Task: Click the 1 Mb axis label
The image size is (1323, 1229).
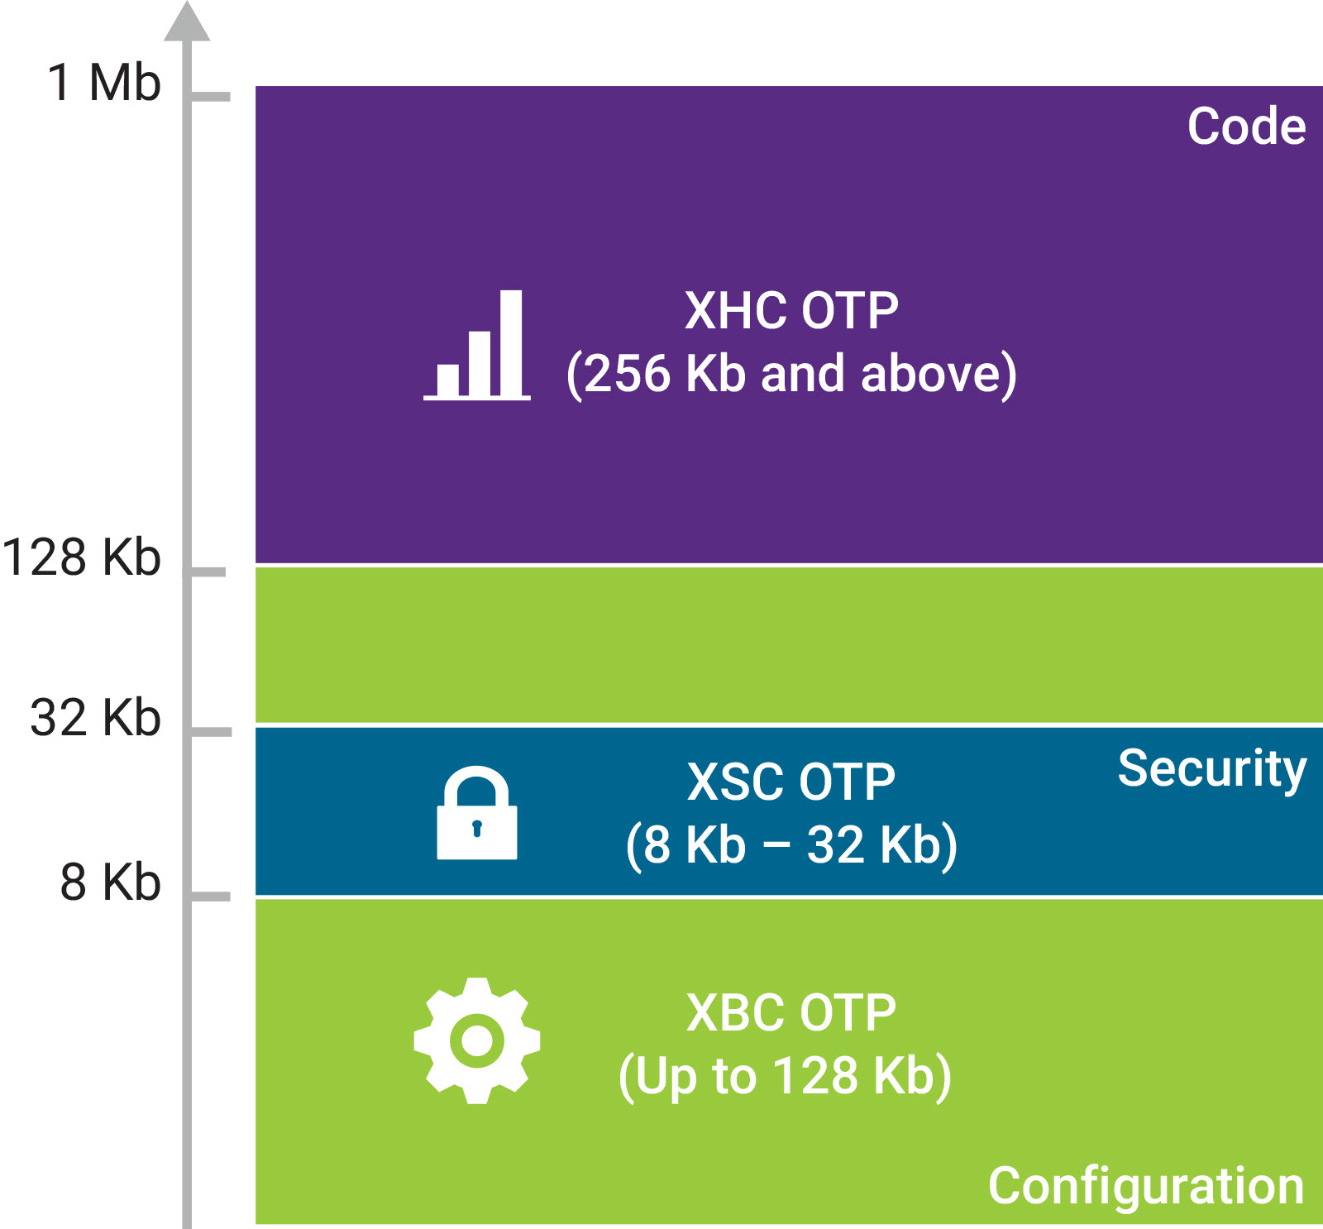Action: (104, 83)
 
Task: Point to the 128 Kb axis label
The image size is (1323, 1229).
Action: (81, 557)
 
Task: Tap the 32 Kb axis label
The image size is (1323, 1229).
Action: (95, 717)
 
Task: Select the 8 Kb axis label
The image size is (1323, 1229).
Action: (110, 882)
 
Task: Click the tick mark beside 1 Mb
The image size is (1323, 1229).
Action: (211, 97)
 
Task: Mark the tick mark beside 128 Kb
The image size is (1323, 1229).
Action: (208, 572)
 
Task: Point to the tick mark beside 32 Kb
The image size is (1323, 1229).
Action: (211, 732)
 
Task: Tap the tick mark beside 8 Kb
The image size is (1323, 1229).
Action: (211, 897)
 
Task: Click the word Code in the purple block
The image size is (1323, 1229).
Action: (1246, 127)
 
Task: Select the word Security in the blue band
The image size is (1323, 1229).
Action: (1212, 769)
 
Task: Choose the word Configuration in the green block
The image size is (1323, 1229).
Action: (1146, 1186)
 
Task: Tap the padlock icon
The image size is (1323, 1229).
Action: (477, 814)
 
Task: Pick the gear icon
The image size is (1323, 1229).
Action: (477, 1040)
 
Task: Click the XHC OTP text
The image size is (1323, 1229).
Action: (791, 311)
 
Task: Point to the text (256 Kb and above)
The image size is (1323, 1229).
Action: (791, 374)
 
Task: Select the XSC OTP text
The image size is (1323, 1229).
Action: (791, 782)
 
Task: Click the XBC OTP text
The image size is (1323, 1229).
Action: (791, 1012)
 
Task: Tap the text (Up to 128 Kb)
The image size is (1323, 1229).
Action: (786, 1076)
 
